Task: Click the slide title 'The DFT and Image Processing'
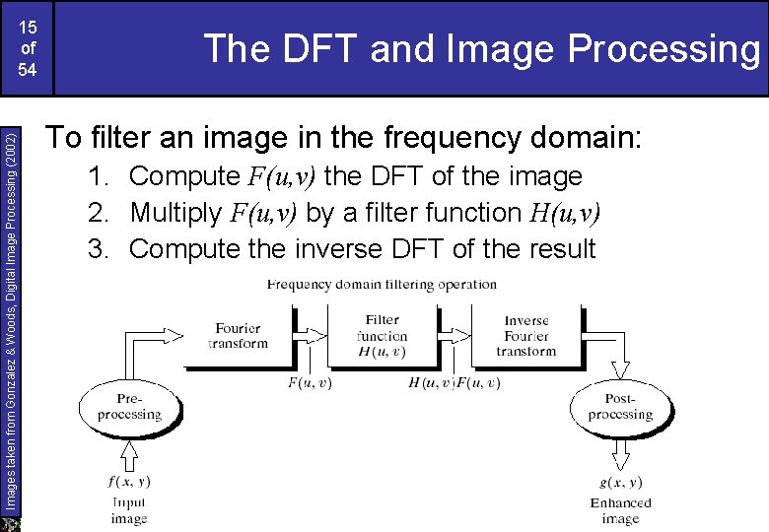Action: pos(482,48)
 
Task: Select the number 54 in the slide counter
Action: pos(27,70)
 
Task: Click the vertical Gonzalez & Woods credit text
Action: pos(10,315)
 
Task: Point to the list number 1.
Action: pos(98,176)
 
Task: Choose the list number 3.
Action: pos(98,248)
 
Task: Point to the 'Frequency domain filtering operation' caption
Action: pos(382,285)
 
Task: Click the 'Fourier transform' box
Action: pos(239,335)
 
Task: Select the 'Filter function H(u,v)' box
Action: pos(383,335)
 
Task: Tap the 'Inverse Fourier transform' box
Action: pos(526,335)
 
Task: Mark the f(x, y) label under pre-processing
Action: pos(129,482)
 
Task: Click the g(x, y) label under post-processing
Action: pos(620,482)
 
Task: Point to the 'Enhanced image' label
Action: pos(620,510)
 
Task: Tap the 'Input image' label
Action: pos(129,510)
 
